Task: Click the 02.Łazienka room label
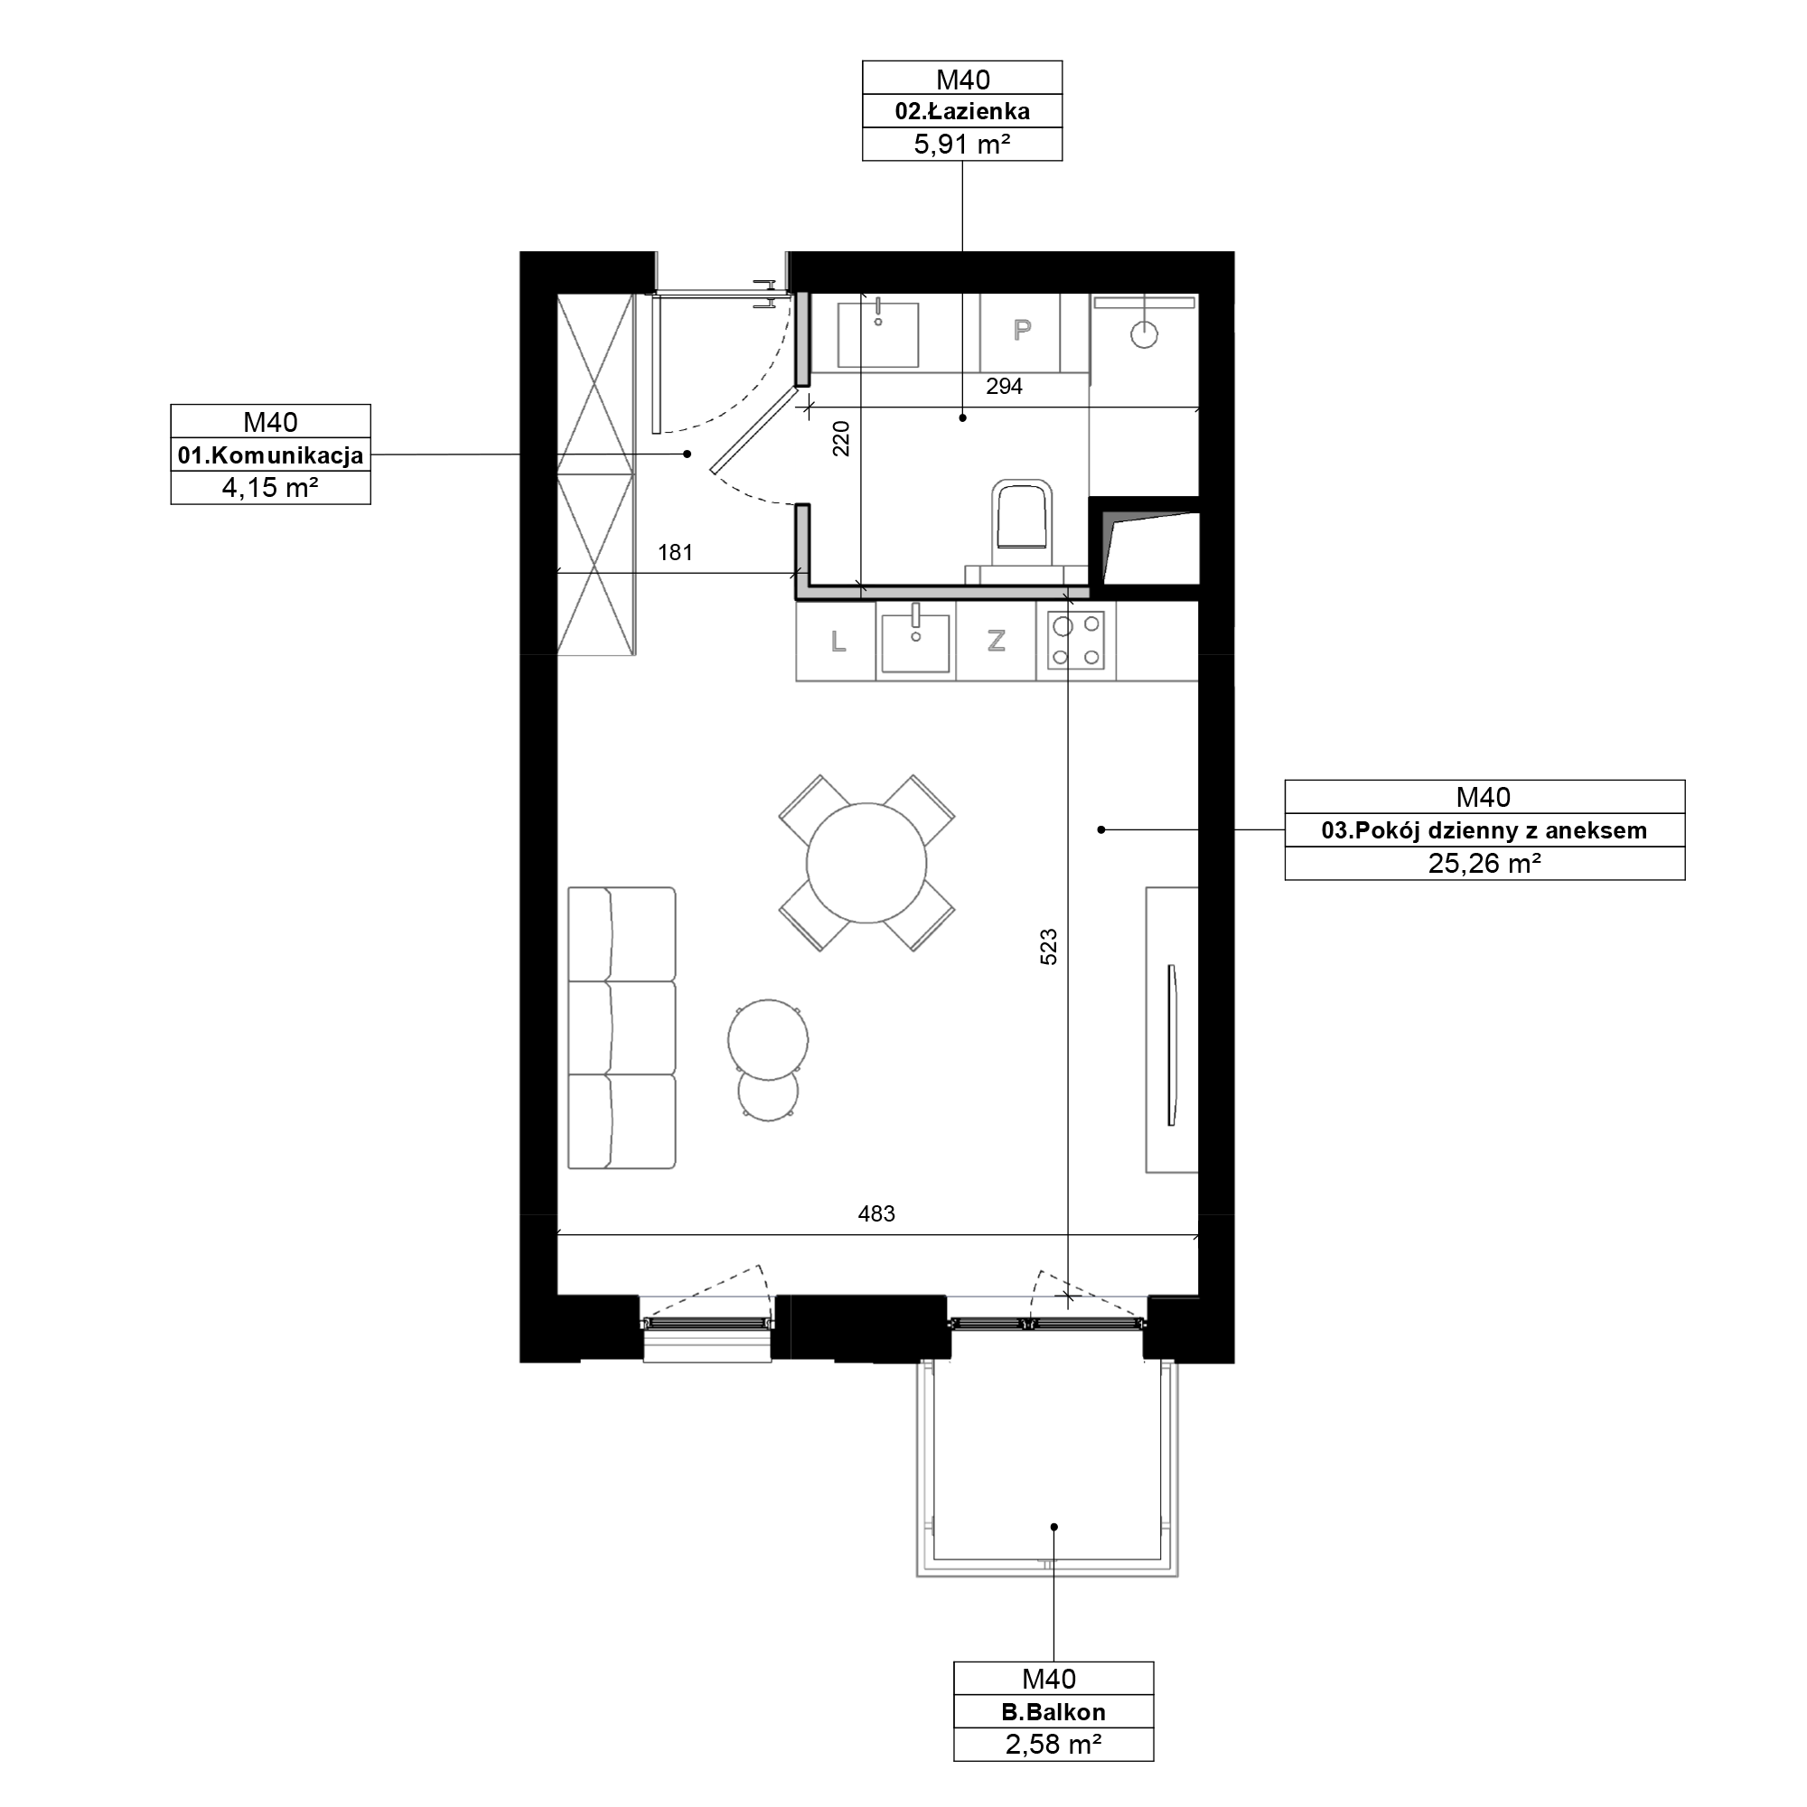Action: (962, 111)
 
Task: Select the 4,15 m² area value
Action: (270, 487)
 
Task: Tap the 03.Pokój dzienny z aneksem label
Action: (1484, 830)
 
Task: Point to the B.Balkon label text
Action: (1053, 1712)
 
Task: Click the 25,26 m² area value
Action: (1484, 863)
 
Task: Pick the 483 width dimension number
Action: (876, 1214)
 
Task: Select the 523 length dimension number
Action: (1048, 947)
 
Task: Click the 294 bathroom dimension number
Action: (1005, 387)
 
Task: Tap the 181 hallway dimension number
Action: (675, 553)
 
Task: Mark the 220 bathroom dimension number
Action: (841, 439)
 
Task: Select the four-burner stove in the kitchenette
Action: (1075, 641)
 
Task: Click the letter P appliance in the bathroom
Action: (1022, 329)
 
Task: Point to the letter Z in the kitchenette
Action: (996, 641)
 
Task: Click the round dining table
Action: (866, 863)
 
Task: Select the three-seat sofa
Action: (622, 1028)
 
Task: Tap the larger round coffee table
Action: (768, 1039)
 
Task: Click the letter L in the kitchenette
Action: (838, 641)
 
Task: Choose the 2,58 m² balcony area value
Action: (1053, 1746)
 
